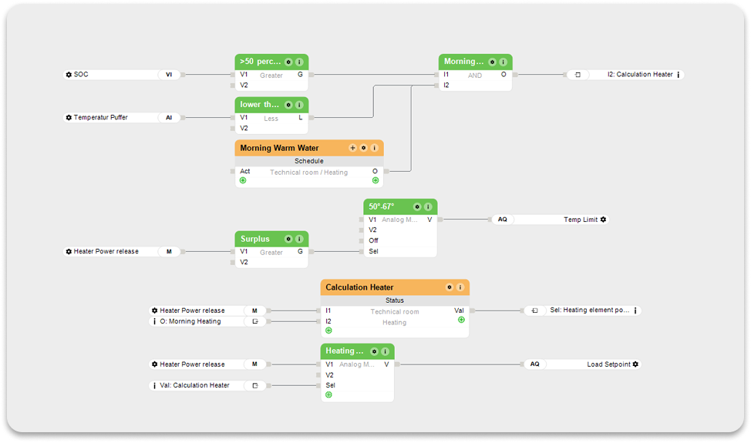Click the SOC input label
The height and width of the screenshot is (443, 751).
tap(81, 75)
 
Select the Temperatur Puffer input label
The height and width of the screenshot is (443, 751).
tap(100, 118)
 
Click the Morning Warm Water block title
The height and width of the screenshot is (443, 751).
tap(279, 148)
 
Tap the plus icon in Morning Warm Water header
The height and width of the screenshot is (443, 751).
tap(353, 148)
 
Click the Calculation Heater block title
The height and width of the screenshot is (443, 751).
tap(359, 287)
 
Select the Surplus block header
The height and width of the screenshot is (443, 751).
tap(255, 239)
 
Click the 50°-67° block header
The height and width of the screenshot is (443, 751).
tap(382, 206)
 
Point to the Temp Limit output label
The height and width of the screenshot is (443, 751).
tap(581, 220)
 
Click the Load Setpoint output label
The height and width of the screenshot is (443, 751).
tap(608, 364)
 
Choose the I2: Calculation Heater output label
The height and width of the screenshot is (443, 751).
tap(640, 75)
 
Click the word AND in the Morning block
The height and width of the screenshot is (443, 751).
tap(474, 76)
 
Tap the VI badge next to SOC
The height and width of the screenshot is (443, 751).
tap(169, 75)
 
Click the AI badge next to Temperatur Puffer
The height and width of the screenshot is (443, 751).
tap(169, 118)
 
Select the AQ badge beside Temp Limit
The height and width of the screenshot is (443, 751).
tap(502, 220)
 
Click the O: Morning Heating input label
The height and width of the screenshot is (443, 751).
tap(190, 321)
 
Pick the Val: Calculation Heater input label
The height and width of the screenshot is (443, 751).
tap(194, 385)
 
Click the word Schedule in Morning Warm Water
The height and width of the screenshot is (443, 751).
tap(308, 161)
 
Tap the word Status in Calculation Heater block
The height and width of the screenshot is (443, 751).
tap(394, 300)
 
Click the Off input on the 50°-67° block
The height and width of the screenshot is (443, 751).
tap(373, 240)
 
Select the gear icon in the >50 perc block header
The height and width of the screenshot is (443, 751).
tap(288, 62)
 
